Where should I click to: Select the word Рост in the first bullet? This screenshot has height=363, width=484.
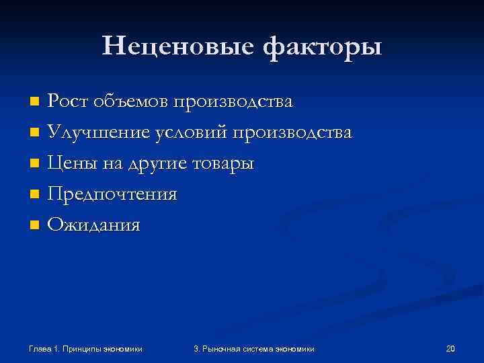tap(69, 102)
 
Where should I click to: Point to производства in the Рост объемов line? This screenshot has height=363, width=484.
tap(233, 102)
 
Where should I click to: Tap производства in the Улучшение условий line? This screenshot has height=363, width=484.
tap(292, 133)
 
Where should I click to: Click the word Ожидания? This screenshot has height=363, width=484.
tap(93, 226)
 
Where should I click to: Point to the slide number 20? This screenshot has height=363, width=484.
tap(450, 348)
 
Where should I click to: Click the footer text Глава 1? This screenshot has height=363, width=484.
tap(45, 348)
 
